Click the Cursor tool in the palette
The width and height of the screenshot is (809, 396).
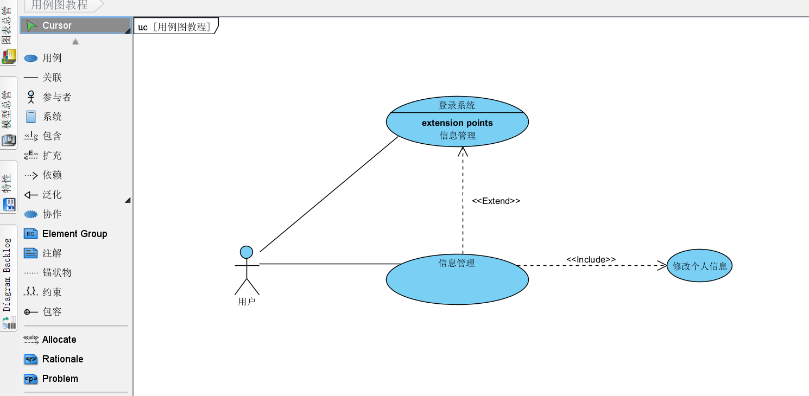(x=56, y=25)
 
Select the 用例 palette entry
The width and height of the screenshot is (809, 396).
(x=52, y=58)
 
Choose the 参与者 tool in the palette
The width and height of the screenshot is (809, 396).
(x=56, y=97)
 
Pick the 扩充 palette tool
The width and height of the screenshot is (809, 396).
(x=52, y=156)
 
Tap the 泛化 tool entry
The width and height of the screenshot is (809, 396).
(x=52, y=195)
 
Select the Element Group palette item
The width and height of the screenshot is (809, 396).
(x=74, y=234)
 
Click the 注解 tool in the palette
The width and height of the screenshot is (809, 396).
(x=52, y=253)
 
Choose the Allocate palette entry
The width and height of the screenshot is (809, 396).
(x=59, y=340)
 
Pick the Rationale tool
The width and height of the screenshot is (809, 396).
(x=62, y=359)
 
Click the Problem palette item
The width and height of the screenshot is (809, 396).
(x=60, y=379)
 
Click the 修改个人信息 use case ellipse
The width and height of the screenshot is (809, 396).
(x=699, y=266)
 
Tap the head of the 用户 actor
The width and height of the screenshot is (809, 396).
(x=247, y=252)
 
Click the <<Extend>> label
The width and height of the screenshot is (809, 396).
(x=496, y=201)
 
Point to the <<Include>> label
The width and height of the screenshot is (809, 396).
(x=591, y=260)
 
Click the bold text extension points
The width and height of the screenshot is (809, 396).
(x=457, y=123)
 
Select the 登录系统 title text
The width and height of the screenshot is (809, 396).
(x=457, y=105)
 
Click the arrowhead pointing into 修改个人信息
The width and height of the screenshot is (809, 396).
(x=662, y=265)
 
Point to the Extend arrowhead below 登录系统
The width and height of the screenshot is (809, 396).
(x=463, y=151)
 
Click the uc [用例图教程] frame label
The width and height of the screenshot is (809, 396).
(x=175, y=27)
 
